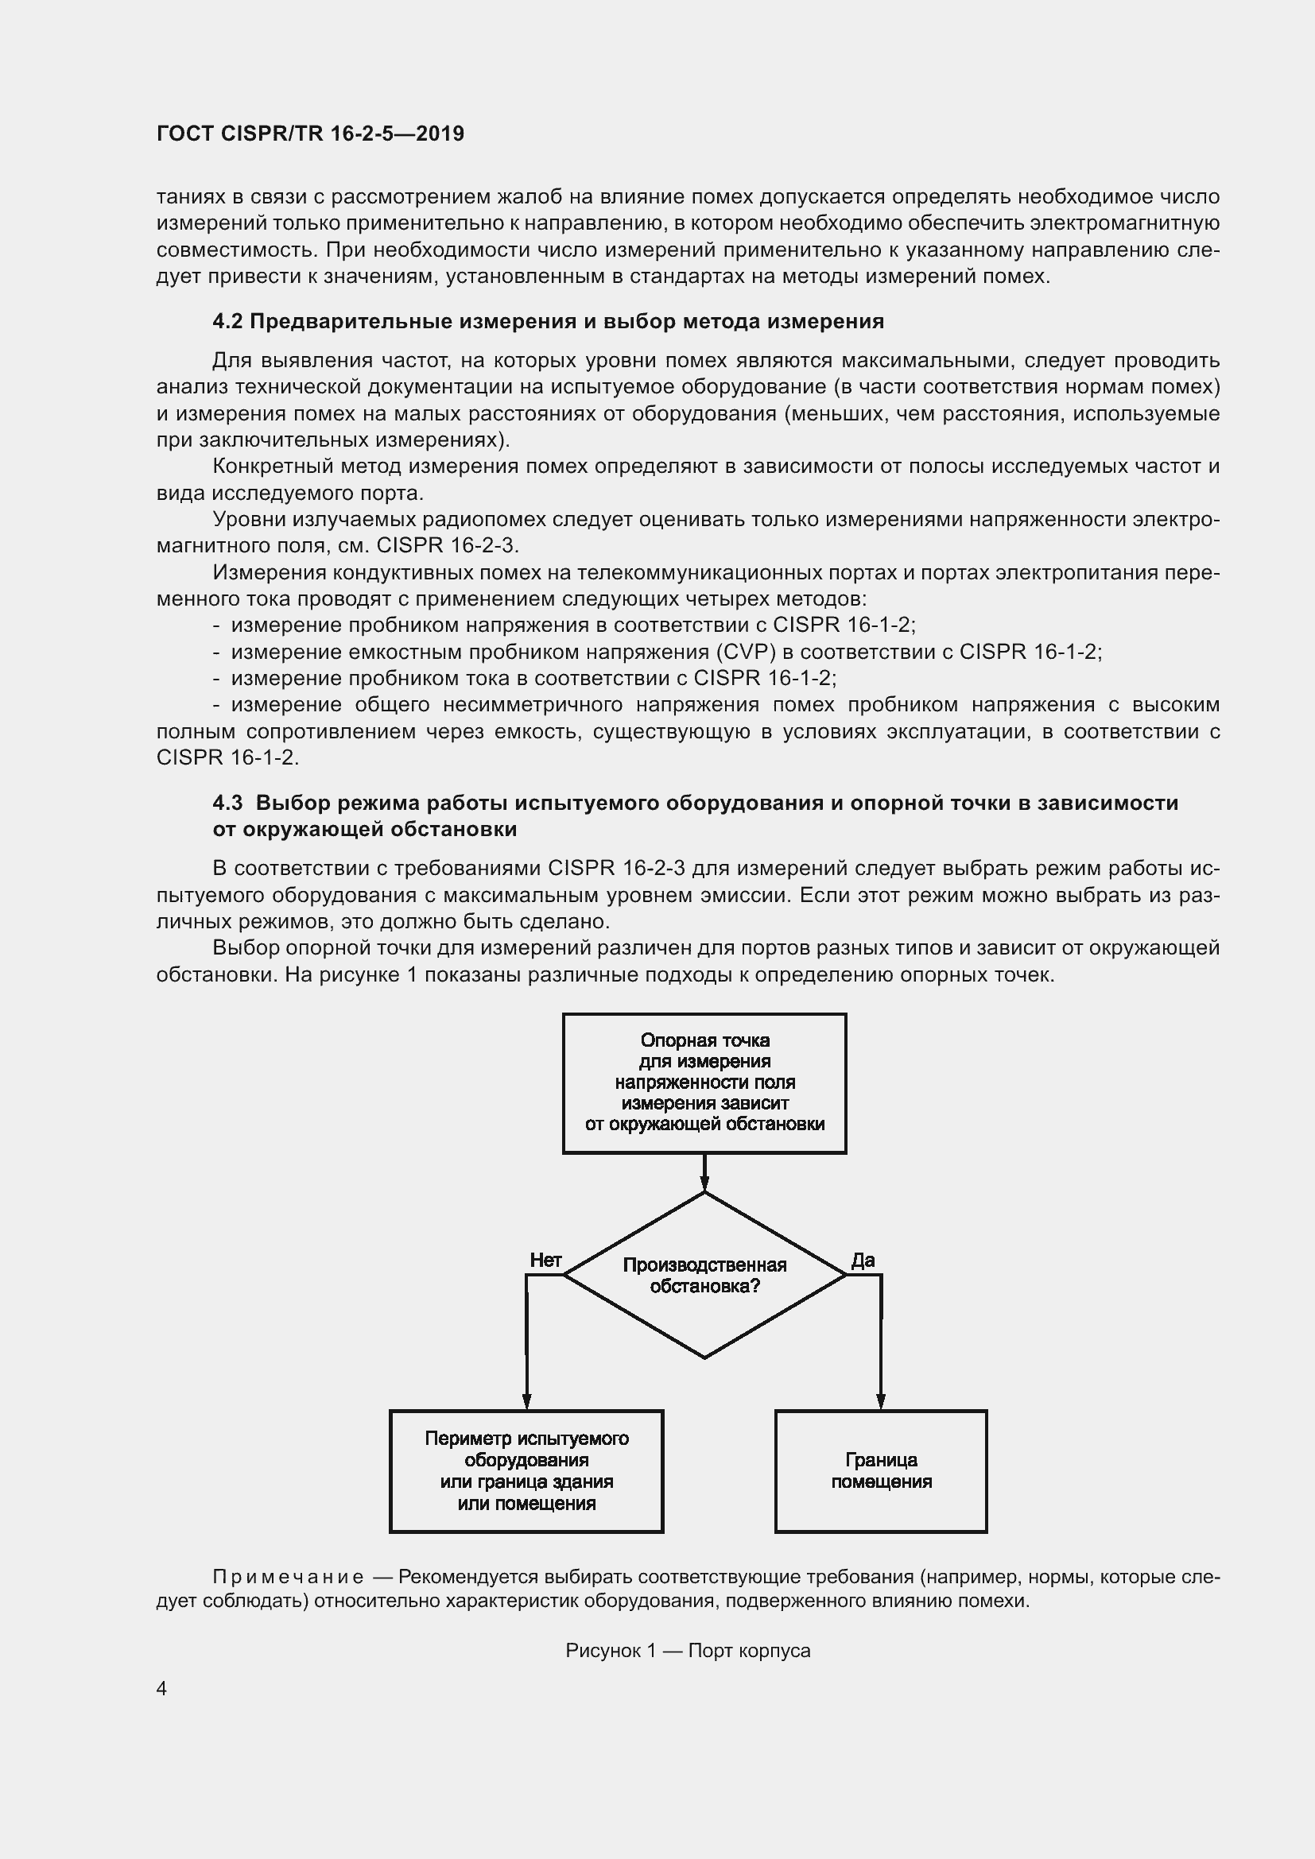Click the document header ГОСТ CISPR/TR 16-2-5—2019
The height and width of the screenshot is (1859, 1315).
tap(310, 134)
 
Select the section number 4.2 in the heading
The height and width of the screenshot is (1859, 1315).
tap(227, 321)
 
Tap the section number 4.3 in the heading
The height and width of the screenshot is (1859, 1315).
tap(227, 803)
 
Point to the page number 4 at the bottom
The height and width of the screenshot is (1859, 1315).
tap(162, 1688)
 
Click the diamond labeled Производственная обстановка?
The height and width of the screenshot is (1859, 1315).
tap(704, 1275)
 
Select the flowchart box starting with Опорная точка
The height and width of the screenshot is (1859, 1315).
tap(704, 1082)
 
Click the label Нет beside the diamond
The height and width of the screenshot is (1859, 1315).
tap(545, 1260)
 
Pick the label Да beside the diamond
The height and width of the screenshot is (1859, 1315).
tap(863, 1260)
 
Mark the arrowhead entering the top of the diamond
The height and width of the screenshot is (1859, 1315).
tap(704, 1184)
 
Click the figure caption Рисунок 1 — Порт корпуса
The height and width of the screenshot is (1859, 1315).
tap(688, 1650)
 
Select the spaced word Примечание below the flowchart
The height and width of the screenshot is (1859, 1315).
tap(288, 1576)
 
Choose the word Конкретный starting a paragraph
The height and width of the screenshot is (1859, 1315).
tap(272, 467)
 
